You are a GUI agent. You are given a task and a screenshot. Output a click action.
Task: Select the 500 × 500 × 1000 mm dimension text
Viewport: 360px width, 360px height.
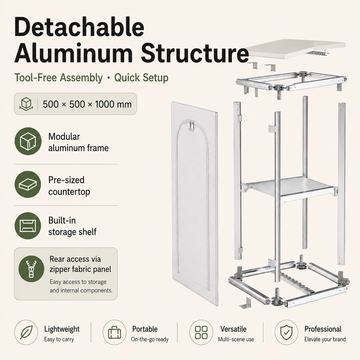pyautogui.click(x=87, y=104)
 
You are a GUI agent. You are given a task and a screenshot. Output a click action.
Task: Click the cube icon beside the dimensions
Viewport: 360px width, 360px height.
pyautogui.click(x=26, y=104)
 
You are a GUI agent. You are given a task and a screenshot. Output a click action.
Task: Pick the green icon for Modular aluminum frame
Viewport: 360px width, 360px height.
pyautogui.click(x=28, y=141)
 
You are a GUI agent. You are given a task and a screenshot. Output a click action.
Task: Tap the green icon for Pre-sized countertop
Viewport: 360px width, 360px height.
pyautogui.click(x=28, y=184)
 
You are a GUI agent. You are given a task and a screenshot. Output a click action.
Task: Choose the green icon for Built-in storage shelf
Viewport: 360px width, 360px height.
pyautogui.click(x=28, y=226)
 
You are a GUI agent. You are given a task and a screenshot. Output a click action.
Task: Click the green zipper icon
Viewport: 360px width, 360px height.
pyautogui.click(x=31, y=269)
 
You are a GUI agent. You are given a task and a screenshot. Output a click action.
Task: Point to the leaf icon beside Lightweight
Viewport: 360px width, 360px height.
pyautogui.click(x=26, y=332)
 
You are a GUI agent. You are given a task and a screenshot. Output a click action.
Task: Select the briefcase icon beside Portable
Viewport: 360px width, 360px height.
pyautogui.click(x=114, y=332)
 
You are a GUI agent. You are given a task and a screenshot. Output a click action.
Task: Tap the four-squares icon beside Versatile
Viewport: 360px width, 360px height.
pyautogui.click(x=201, y=332)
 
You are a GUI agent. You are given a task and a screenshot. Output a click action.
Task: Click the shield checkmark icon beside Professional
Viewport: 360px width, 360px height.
pyautogui.click(x=286, y=332)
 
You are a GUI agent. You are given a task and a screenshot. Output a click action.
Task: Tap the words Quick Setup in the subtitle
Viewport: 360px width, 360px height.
pyautogui.click(x=141, y=77)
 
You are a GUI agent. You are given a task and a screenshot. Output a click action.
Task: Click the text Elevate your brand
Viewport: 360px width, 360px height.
pyautogui.click(x=325, y=339)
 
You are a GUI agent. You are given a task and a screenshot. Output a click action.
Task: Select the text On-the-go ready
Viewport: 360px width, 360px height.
pyautogui.click(x=150, y=339)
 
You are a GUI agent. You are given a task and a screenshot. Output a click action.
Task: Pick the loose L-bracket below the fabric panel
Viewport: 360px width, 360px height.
pyautogui.click(x=245, y=303)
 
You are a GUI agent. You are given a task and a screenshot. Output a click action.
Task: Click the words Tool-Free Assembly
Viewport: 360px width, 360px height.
pyautogui.click(x=58, y=77)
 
